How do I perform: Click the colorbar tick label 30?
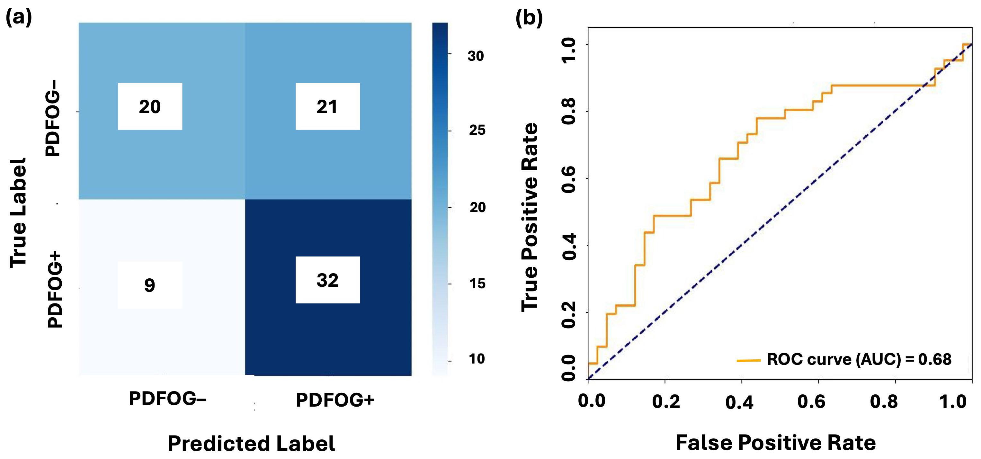[476, 56]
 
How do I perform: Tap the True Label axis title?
[18, 212]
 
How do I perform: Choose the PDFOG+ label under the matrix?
[335, 400]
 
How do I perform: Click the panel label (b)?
[529, 18]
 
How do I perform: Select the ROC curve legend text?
[859, 359]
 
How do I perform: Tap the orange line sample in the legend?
[748, 360]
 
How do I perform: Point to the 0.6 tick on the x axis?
[811, 401]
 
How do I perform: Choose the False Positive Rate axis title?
[776, 443]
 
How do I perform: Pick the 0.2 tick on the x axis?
[666, 401]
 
